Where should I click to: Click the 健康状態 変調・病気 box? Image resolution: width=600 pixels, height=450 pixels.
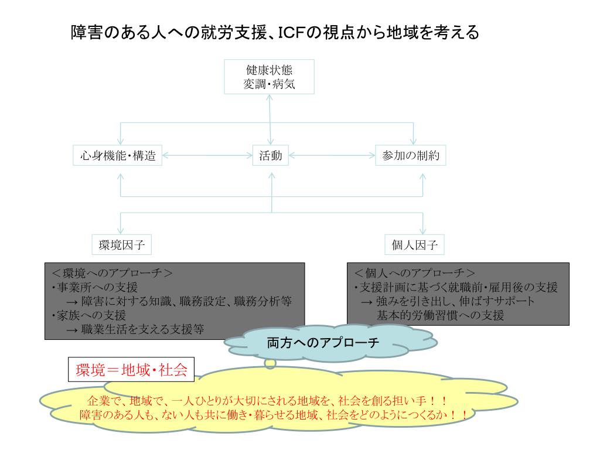[x=269, y=76]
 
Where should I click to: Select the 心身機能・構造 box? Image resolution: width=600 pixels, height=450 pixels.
[x=118, y=156]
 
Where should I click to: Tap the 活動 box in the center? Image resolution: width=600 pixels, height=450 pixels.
[x=270, y=156]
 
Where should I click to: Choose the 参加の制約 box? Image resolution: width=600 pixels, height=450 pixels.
[x=414, y=156]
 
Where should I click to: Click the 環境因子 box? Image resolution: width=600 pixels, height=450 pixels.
[x=122, y=244]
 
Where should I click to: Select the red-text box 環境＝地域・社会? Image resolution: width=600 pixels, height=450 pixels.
[x=131, y=370]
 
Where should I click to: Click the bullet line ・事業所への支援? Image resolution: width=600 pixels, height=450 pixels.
[x=94, y=287]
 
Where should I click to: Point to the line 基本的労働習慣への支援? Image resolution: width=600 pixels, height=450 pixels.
[x=440, y=315]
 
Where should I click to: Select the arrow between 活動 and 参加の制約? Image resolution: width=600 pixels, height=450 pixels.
[x=332, y=156]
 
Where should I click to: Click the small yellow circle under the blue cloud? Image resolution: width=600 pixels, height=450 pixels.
[x=270, y=364]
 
